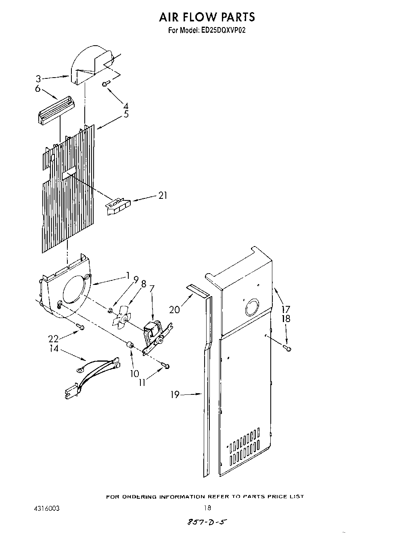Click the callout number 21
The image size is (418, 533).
coord(163,196)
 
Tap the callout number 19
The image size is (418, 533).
coord(174,394)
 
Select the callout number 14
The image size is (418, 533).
coord(54,348)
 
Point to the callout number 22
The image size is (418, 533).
coord(53,338)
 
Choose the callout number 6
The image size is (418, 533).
coord(38,88)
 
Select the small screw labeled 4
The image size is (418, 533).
coord(106,83)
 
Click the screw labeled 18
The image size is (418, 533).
coord(287,347)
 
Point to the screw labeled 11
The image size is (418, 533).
coord(165,366)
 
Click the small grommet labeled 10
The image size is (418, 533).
coord(130,345)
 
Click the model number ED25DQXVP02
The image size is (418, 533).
coord(223,30)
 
